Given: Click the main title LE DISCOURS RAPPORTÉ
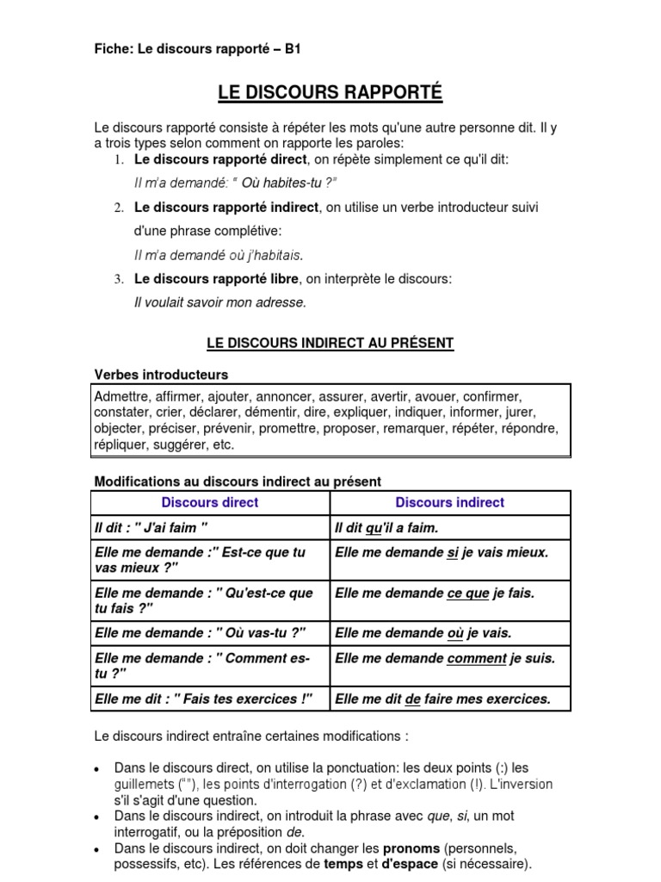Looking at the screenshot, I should tap(330, 92).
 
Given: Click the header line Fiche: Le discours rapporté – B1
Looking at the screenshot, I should tap(197, 50).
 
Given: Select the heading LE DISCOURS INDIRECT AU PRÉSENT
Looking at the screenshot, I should tap(330, 343).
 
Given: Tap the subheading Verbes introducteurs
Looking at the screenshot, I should tap(161, 375).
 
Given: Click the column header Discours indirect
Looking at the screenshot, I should tap(449, 502).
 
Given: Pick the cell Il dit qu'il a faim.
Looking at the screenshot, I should tap(386, 527).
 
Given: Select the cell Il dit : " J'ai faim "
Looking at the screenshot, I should tap(151, 527).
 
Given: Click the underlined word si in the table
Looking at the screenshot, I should tap(453, 552).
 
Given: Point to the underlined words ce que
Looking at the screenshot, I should tap(468, 593).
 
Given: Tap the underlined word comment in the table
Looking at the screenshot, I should tap(477, 658).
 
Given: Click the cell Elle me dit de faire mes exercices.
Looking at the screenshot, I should tap(442, 699).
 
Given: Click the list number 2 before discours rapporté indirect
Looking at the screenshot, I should tap(119, 208).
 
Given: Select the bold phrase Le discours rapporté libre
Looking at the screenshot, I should tap(216, 279).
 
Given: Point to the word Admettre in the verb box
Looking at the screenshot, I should tap(122, 396).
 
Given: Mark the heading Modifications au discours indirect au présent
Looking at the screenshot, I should tap(237, 481).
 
